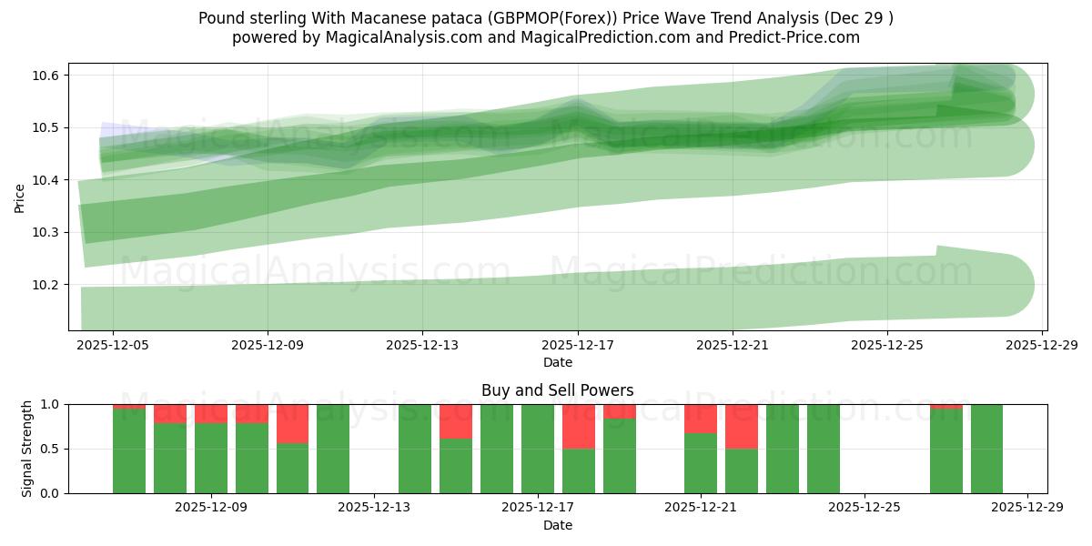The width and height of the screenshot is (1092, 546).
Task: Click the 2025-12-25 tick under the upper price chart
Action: [887, 347]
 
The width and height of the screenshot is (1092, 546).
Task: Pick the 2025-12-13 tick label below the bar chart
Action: [374, 509]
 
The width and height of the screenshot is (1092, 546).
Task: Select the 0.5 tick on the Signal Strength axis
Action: [51, 449]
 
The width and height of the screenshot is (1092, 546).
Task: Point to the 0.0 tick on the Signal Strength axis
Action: [51, 493]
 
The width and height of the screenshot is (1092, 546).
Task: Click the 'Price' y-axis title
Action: [20, 197]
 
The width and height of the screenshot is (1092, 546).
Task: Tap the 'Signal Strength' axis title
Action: [27, 449]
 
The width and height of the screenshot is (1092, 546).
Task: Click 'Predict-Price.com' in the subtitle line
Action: [796, 37]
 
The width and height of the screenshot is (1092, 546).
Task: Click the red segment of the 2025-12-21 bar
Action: [701, 419]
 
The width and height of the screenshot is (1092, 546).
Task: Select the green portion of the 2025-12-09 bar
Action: [211, 459]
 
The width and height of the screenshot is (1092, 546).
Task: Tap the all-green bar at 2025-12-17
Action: [537, 449]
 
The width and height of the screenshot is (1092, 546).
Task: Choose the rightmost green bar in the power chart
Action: [986, 449]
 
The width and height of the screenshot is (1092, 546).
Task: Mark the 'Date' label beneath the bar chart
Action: [557, 525]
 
